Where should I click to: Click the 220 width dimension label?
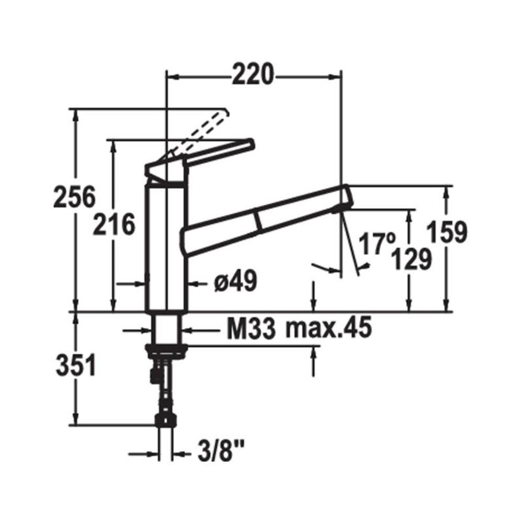(x=253, y=74)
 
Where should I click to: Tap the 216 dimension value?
(x=114, y=224)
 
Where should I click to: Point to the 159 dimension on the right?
(x=447, y=232)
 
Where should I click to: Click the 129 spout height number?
(x=411, y=259)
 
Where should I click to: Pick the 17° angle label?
(x=377, y=244)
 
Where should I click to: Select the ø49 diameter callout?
(x=235, y=281)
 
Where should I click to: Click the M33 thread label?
(x=252, y=328)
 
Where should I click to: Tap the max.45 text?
(x=328, y=328)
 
